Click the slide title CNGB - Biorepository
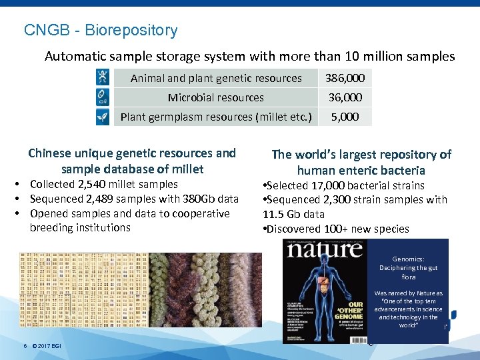pos(101,31)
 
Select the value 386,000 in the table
pos(345,78)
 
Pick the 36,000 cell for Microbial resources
pos(345,97)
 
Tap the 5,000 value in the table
pos(345,117)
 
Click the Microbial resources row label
pos(215,97)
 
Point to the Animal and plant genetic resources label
pos(216,78)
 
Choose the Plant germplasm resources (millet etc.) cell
pos(216,117)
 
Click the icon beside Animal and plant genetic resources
pos(103,77)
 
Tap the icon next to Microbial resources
pos(103,97)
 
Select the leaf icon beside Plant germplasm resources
pos(103,117)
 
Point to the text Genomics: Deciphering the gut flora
pos(408,267)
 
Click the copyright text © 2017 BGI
pos(47,345)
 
